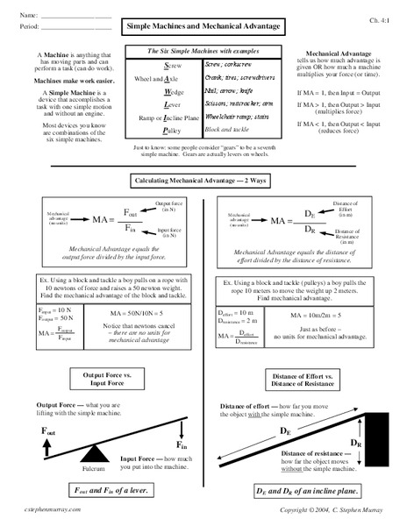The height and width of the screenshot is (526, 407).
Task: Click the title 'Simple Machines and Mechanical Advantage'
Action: (x=203, y=27)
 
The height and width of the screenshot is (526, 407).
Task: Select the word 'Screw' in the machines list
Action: (x=173, y=66)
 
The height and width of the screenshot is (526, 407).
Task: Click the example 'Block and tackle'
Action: (x=228, y=128)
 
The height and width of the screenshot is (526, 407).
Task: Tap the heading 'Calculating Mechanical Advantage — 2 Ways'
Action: (x=203, y=180)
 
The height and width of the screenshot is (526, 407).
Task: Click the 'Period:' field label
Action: (x=30, y=27)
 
